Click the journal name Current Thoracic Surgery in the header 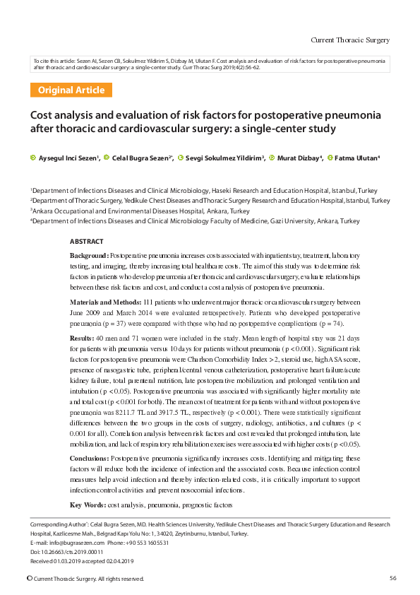point(350,40)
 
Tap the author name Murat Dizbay point(299,158)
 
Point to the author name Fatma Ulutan point(356,158)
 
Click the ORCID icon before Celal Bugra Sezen point(107,158)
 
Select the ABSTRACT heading point(86,242)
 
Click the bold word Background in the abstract point(88,254)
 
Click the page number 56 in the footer point(392,578)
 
